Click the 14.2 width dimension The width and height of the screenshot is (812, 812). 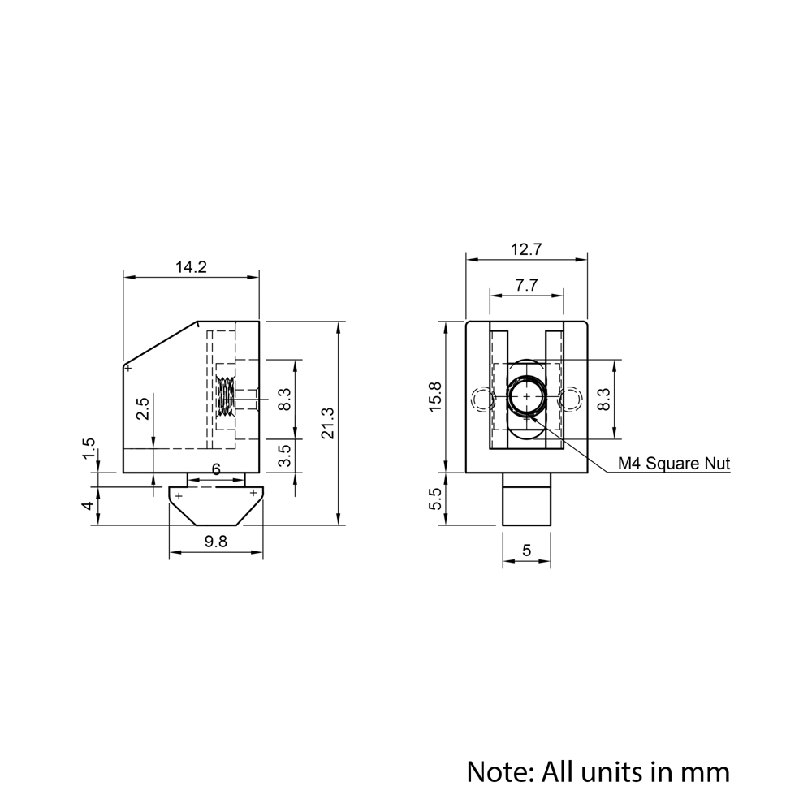tap(191, 266)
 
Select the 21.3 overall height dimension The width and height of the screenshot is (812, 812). tap(328, 423)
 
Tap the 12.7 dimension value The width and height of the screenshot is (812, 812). tap(526, 250)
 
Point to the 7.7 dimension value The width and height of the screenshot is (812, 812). tap(526, 285)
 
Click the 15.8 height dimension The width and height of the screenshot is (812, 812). tap(435, 396)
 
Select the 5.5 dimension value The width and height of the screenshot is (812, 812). tap(435, 499)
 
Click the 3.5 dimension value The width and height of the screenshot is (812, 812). tap(284, 456)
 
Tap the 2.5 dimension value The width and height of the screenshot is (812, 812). tap(143, 408)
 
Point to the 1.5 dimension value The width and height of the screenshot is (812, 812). tap(89, 449)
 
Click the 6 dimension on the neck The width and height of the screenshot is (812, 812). tap(216, 470)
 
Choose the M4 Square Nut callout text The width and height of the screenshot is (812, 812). tap(673, 464)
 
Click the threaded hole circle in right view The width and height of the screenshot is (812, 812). tap(526, 396)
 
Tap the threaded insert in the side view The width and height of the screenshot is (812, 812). tap(227, 398)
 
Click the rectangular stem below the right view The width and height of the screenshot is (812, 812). tap(526, 499)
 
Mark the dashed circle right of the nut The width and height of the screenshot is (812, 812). tap(572, 399)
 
